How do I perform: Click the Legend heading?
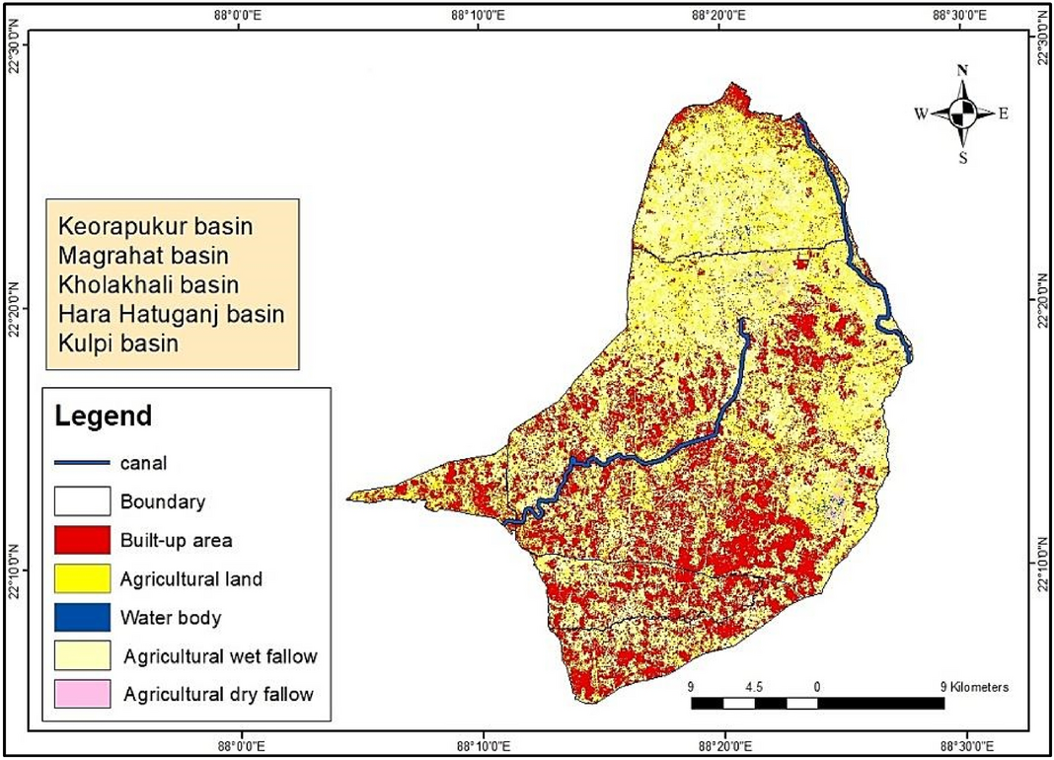104,415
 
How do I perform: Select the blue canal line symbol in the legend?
82,461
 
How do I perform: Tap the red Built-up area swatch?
82,540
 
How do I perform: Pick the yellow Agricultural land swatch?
82,579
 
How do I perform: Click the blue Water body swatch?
82,619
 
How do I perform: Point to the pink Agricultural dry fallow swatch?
82,693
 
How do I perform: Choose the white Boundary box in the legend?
82,501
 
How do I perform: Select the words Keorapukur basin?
156,226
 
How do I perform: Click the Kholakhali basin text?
149,285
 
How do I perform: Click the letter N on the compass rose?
962,71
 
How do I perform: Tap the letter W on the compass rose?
921,114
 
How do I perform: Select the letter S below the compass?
963,157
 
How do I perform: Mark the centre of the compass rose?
963,113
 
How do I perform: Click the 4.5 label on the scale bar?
754,686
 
